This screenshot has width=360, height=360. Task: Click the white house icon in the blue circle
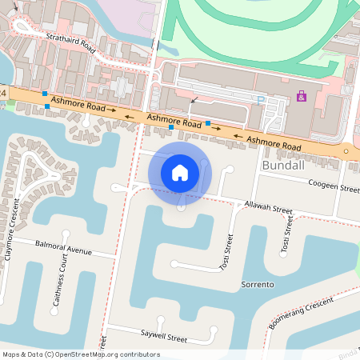click(x=180, y=171)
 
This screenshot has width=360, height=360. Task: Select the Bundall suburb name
click(x=282, y=164)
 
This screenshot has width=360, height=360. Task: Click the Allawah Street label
click(x=269, y=208)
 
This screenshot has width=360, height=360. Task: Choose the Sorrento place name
click(x=258, y=284)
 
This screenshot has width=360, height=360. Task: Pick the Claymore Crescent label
click(x=10, y=234)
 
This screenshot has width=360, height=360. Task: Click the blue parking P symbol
click(x=260, y=100)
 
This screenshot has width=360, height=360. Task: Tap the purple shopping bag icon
click(x=301, y=96)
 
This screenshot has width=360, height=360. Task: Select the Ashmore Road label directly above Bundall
click(x=274, y=144)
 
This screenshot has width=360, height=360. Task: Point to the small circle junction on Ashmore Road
click(x=346, y=150)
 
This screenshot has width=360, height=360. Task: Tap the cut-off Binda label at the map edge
click(x=349, y=352)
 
